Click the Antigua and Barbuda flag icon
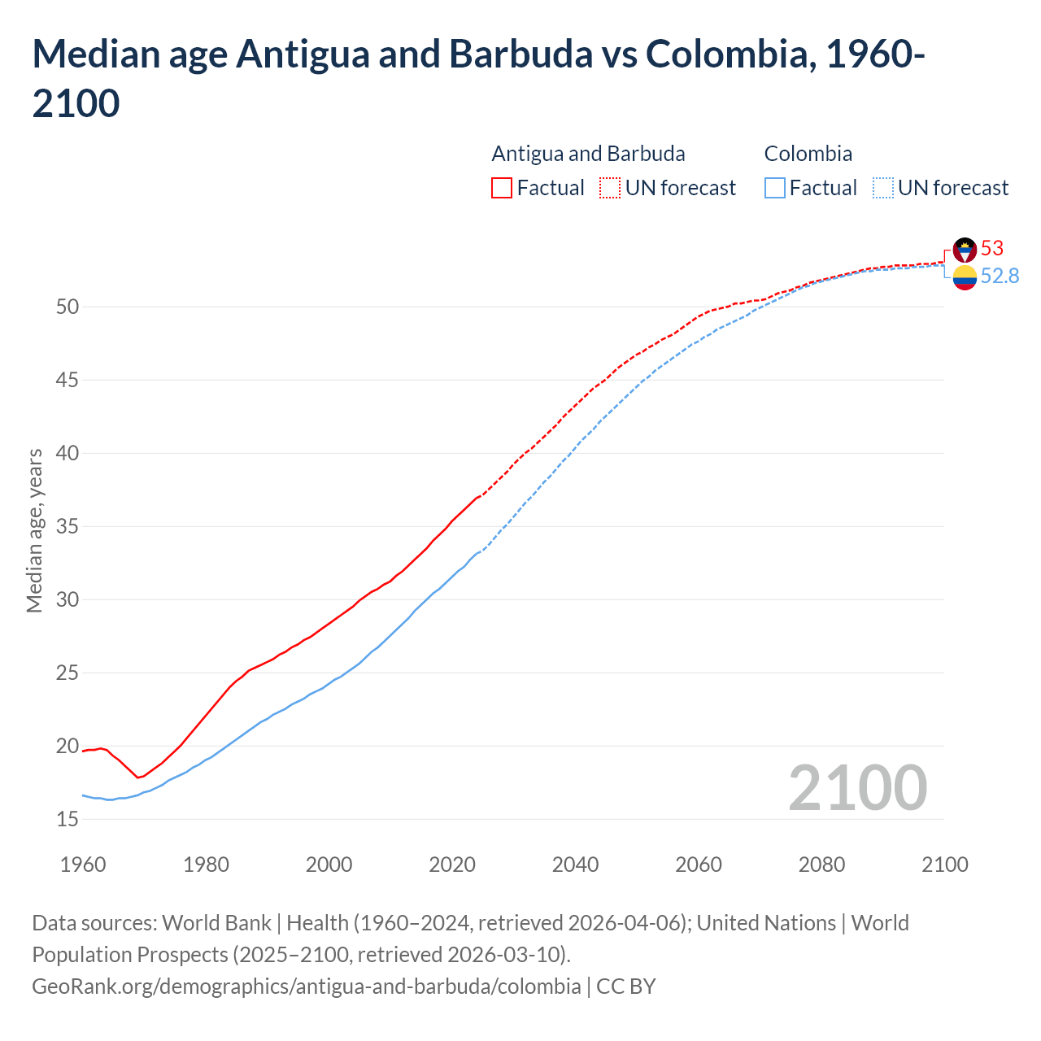point(965,249)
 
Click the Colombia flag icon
point(965,277)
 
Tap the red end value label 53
point(992,248)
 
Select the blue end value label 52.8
point(1000,277)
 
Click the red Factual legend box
point(502,188)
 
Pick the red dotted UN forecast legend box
point(610,188)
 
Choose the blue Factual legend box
point(775,188)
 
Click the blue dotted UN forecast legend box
point(882,188)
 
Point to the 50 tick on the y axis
point(68,307)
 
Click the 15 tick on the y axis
point(68,819)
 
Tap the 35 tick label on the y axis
point(68,526)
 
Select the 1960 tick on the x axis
point(83,864)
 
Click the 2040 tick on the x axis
point(575,864)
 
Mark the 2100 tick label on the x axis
point(944,864)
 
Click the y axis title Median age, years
point(34,530)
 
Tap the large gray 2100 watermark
point(857,787)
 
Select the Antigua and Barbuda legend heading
point(588,154)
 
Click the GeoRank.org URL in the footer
point(306,987)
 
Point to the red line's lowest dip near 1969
point(138,777)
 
